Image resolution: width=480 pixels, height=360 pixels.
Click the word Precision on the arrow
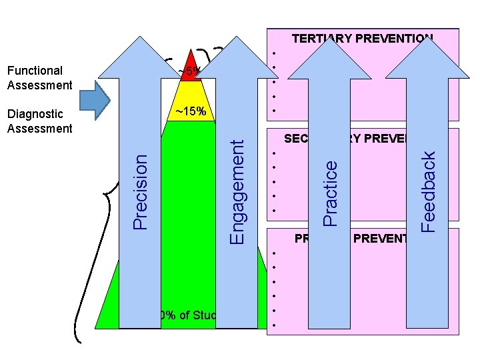pyautogui.click(x=140, y=191)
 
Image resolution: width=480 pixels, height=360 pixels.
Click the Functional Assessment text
pyautogui.click(x=39, y=77)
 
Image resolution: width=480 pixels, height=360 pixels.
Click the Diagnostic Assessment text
pyautogui.click(x=39, y=121)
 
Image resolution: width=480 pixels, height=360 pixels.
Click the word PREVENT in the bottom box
pyautogui.click(x=379, y=239)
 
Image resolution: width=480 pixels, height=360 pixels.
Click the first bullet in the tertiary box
pyautogui.click(x=275, y=53)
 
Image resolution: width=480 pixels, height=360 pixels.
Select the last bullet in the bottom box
pyautogui.click(x=275, y=325)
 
